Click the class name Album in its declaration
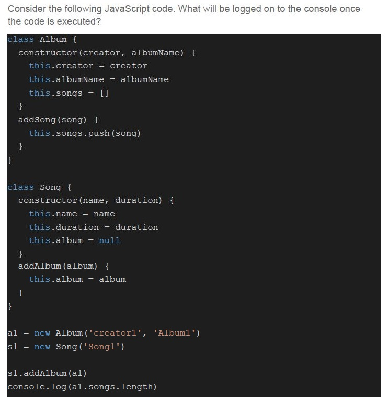[x=53, y=39]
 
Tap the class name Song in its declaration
[x=50, y=187]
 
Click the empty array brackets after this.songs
[x=104, y=93]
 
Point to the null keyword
[x=109, y=240]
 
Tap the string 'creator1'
[x=115, y=333]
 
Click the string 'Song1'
[x=101, y=347]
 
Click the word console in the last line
[x=26, y=387]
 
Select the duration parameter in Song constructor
[x=136, y=200]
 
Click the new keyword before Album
[x=42, y=333]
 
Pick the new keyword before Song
[x=42, y=347]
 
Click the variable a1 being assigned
[x=13, y=333]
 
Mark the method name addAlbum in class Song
[x=40, y=266]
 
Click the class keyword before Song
[x=20, y=187]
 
